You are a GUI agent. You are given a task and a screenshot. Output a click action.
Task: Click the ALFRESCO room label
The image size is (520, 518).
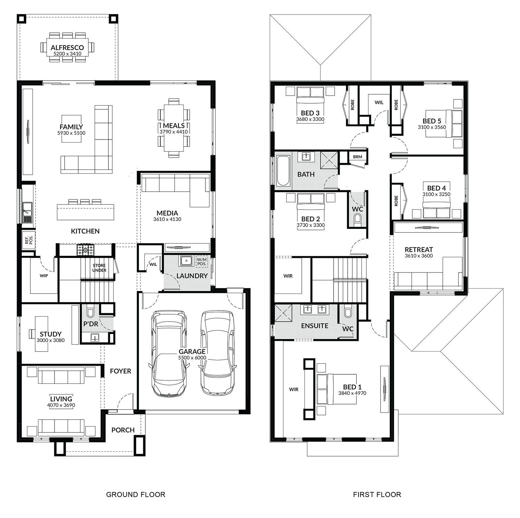(x=67, y=48)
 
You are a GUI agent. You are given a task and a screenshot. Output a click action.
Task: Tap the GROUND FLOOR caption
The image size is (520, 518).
(x=136, y=495)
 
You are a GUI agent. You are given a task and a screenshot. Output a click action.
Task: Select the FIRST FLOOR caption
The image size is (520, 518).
(x=377, y=495)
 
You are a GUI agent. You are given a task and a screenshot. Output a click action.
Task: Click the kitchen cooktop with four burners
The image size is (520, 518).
(x=85, y=250)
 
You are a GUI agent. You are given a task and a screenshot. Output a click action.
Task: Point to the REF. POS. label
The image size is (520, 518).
(x=29, y=240)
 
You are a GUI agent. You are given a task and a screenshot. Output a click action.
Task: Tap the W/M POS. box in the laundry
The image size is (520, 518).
(x=202, y=261)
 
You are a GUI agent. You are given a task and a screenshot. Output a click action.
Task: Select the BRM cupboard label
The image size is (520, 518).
(x=358, y=157)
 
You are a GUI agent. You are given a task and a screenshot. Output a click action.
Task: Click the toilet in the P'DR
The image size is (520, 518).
(x=90, y=312)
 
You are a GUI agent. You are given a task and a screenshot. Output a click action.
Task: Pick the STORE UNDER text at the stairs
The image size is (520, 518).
(x=99, y=268)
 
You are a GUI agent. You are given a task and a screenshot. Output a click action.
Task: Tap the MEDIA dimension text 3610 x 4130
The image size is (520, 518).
(x=167, y=219)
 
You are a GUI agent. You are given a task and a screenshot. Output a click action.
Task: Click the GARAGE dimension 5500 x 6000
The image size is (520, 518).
(x=192, y=358)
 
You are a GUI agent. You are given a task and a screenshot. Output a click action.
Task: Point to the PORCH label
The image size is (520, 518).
(x=123, y=430)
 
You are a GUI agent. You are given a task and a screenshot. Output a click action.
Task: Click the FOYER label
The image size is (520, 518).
(x=121, y=371)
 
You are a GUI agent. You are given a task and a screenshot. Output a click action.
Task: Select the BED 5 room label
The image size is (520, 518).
(x=432, y=121)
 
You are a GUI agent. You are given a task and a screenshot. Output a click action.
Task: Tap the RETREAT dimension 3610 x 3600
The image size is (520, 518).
(x=419, y=256)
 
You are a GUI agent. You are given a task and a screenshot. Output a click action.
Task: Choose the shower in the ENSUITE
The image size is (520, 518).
(x=283, y=314)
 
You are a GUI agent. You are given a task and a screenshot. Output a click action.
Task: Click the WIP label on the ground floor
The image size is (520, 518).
(x=44, y=276)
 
